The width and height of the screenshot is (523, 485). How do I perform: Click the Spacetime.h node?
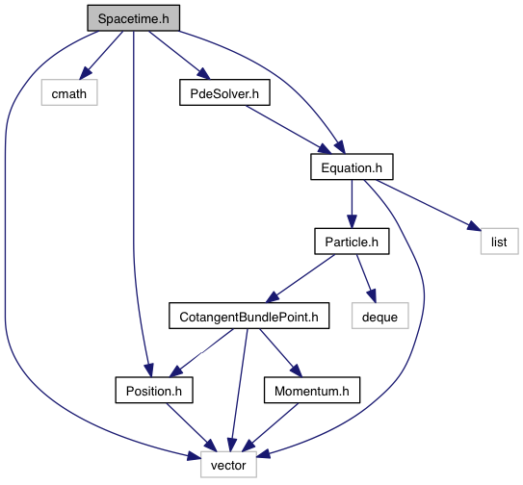tap(134, 18)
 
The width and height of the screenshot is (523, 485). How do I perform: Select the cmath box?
tap(69, 92)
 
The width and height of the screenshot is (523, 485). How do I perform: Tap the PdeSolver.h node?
tap(224, 92)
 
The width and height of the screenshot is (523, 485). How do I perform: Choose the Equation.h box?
tap(352, 166)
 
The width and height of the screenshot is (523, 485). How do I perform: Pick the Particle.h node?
tap(352, 242)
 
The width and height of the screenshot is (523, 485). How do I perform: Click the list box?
tap(499, 242)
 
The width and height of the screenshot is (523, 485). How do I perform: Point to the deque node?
tap(379, 316)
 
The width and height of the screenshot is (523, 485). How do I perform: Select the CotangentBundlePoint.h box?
tap(248, 316)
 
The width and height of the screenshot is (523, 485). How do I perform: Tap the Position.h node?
tap(154, 390)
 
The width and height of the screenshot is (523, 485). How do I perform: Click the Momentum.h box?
tap(312, 390)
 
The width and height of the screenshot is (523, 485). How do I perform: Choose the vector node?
tap(228, 465)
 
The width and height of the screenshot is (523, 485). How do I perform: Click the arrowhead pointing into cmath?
tap(87, 72)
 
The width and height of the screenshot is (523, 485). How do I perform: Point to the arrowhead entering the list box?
tap(474, 226)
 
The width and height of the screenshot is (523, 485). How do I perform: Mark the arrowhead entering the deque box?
tap(372, 296)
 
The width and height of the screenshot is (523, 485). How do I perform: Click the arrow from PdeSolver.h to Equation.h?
tap(289, 130)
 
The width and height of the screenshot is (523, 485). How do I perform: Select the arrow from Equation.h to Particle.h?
tap(352, 204)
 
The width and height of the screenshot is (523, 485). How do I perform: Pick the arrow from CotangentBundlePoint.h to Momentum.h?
tap(281, 353)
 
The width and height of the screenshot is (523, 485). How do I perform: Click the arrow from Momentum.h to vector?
tap(270, 427)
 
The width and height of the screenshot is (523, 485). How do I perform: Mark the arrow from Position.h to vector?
tap(192, 427)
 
